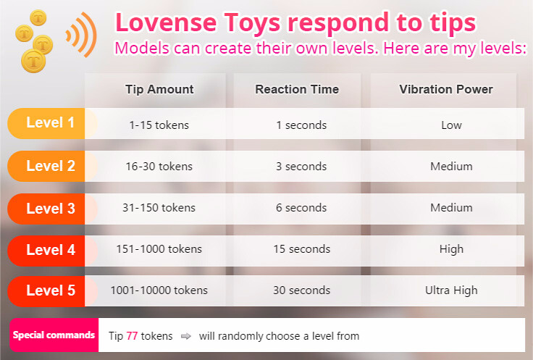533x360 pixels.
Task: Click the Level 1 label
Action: tap(50, 123)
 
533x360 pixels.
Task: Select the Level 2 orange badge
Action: tap(50, 166)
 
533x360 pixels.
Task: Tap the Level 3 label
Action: tap(50, 209)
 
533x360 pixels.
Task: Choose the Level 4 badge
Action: tap(50, 250)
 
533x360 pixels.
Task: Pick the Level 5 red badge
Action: tap(50, 290)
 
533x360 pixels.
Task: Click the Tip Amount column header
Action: tap(159, 90)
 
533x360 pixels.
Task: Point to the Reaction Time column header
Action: tap(297, 90)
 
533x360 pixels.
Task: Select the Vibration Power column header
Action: tap(445, 90)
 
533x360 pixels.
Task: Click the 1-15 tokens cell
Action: tap(159, 125)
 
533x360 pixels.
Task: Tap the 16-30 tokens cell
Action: tap(159, 166)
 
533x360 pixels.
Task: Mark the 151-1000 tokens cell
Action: tap(159, 249)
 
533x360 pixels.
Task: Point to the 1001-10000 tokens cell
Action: tap(159, 290)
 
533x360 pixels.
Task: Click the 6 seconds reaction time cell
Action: tap(301, 208)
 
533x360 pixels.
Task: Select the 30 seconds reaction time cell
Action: tap(301, 290)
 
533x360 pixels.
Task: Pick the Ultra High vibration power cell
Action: tap(451, 290)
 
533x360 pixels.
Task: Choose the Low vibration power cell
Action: tap(451, 125)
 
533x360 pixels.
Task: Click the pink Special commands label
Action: tap(54, 335)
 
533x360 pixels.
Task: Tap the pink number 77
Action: tap(132, 336)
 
